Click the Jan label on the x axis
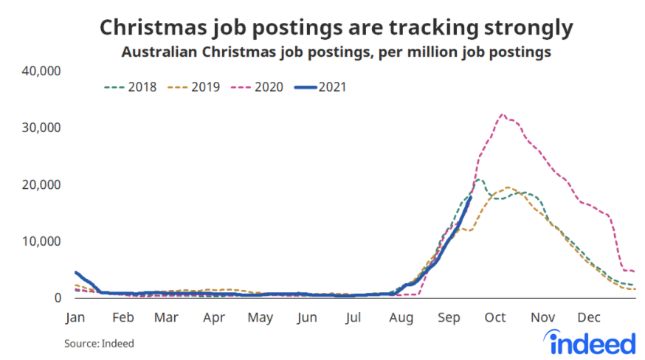coord(75,318)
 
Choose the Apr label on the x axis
coord(214,318)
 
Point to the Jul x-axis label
coord(353,318)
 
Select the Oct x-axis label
coord(495,318)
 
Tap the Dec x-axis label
coord(588,318)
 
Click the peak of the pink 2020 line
coord(502,114)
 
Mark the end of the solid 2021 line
coord(471,196)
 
